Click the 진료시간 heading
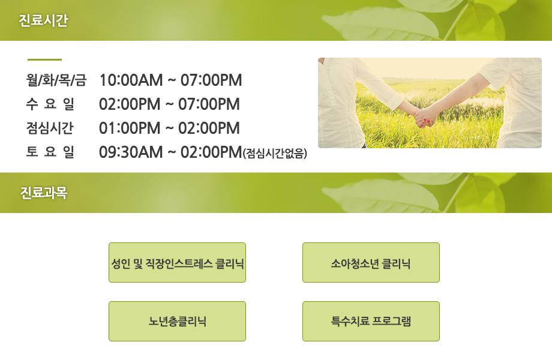(x=43, y=20)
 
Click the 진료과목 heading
(x=43, y=193)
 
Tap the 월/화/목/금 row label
(x=56, y=80)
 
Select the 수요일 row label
(x=50, y=104)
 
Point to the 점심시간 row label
(x=50, y=128)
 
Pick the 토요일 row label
(x=50, y=152)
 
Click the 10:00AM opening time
(x=131, y=80)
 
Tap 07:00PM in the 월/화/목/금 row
(x=211, y=80)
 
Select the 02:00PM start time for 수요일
(x=130, y=104)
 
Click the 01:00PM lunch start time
(x=130, y=128)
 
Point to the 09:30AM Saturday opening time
(x=131, y=152)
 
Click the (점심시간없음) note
(x=275, y=153)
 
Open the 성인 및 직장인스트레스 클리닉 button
(x=177, y=263)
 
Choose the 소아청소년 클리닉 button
(x=371, y=263)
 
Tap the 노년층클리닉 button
(x=177, y=321)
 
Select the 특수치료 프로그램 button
(x=371, y=321)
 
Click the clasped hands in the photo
(x=425, y=118)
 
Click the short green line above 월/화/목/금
(x=45, y=60)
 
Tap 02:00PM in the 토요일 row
(x=211, y=152)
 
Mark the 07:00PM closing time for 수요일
(x=209, y=104)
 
